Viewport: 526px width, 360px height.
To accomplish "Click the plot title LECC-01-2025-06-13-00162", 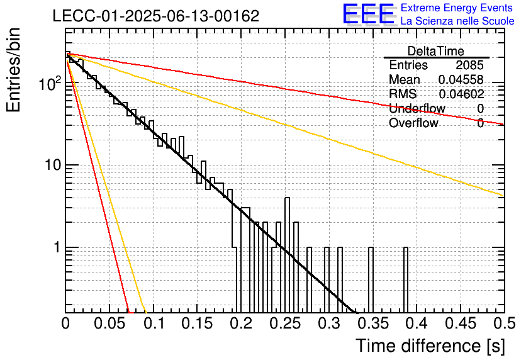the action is tap(156, 16).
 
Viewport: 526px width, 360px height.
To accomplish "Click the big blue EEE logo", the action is tap(368, 14).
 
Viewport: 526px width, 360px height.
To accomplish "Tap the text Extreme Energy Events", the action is tap(457, 8).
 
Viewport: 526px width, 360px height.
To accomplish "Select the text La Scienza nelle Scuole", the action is tap(457, 21).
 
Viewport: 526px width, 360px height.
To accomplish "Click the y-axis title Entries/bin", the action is tap(13, 70).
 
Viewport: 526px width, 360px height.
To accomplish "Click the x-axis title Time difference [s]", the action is tap(430, 346).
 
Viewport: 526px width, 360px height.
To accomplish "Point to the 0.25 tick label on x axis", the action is tap(285, 323).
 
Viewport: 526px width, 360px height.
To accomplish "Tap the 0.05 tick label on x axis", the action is tap(109, 323).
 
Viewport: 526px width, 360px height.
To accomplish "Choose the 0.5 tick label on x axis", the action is tap(504, 323).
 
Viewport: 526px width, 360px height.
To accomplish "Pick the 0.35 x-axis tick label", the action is tap(372, 323).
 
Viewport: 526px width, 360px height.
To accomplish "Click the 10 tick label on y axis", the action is tap(53, 165).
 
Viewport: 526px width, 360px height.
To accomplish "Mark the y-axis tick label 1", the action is tap(57, 247).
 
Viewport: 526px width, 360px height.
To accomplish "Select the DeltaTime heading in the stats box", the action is tap(436, 51).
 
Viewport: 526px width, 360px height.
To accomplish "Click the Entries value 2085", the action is tap(469, 65).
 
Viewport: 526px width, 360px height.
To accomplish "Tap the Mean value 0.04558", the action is tap(461, 79).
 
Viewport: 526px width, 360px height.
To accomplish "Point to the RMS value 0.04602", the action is tap(461, 94).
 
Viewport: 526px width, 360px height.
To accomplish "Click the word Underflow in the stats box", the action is tap(417, 108).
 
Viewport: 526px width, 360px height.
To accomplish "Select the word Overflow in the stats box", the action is tap(413, 123).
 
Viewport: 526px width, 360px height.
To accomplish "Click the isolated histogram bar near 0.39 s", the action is tap(406, 280).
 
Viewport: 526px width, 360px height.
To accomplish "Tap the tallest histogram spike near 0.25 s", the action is tap(287, 255).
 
